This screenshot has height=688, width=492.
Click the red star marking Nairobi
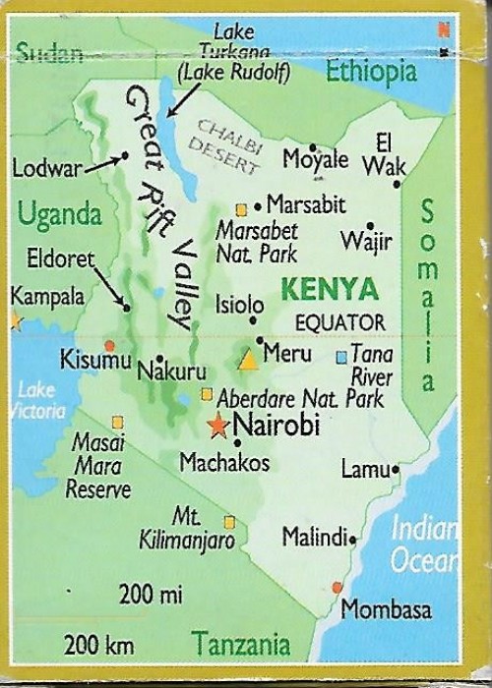pyautogui.click(x=217, y=426)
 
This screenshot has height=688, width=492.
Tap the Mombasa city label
pyautogui.click(x=386, y=609)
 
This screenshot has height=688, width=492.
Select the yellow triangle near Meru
pyautogui.click(x=248, y=360)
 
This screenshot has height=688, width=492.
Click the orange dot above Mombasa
pyautogui.click(x=338, y=587)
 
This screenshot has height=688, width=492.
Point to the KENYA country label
pyautogui.click(x=329, y=289)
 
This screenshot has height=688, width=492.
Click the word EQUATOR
pyautogui.click(x=340, y=321)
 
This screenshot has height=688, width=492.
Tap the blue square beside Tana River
pyautogui.click(x=341, y=357)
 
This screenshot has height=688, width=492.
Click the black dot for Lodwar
pyautogui.click(x=125, y=156)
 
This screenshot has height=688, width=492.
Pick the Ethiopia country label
pyautogui.click(x=371, y=71)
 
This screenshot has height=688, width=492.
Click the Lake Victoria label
pyautogui.click(x=39, y=400)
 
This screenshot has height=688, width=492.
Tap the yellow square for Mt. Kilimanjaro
pyautogui.click(x=229, y=522)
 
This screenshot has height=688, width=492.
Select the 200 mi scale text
pyautogui.click(x=152, y=593)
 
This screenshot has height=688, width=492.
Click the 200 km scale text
pyautogui.click(x=98, y=645)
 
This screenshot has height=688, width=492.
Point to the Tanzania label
pyautogui.click(x=241, y=645)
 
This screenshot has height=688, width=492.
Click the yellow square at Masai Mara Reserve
pyautogui.click(x=117, y=422)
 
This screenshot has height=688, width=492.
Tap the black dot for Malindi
pyautogui.click(x=352, y=539)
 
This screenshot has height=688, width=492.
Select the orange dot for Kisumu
pyautogui.click(x=109, y=346)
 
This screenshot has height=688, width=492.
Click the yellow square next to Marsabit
pyautogui.click(x=240, y=208)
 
